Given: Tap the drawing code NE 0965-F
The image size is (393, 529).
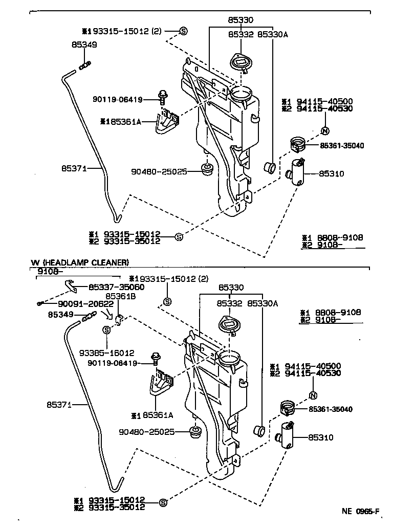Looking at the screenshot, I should coord(360,511).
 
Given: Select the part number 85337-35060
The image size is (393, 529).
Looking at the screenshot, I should coord(116,287).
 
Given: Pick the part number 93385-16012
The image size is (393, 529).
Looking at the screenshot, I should coord(106,352).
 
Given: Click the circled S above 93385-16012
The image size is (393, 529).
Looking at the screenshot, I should coord(106,330).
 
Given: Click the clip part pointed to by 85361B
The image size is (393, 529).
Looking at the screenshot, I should coord(119,320).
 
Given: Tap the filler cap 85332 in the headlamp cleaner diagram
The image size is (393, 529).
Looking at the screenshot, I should coord(227,324).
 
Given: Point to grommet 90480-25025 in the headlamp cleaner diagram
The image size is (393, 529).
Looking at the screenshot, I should coord(195,432).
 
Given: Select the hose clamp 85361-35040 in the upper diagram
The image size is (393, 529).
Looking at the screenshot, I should coord(298,144).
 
